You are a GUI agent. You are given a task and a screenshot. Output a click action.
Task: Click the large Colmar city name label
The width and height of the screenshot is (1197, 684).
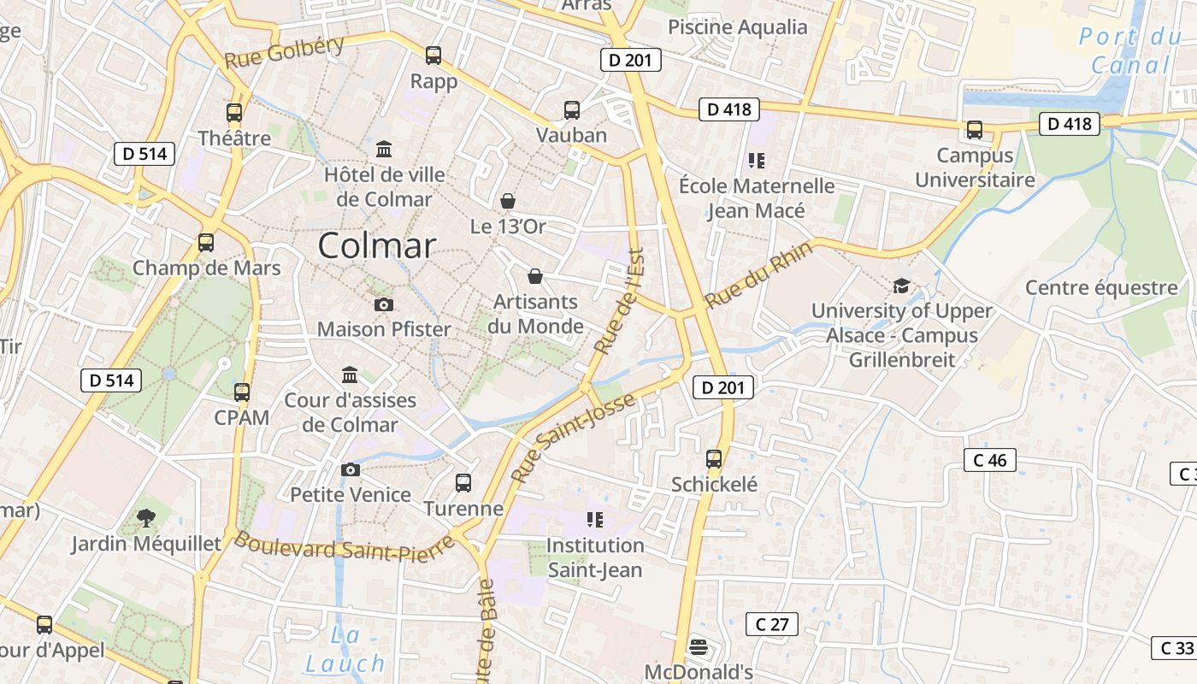click(x=377, y=246)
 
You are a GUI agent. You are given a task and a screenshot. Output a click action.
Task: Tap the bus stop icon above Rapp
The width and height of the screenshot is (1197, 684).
click(x=433, y=56)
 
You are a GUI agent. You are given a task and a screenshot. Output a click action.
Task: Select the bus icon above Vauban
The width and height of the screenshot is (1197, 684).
click(x=572, y=110)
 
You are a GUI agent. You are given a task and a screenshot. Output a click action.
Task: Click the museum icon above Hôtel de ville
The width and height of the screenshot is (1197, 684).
click(x=384, y=150)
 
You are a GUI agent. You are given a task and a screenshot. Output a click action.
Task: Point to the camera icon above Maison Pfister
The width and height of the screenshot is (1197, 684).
click(x=384, y=304)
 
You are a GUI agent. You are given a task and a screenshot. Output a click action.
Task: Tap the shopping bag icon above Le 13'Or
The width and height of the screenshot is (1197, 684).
click(x=508, y=201)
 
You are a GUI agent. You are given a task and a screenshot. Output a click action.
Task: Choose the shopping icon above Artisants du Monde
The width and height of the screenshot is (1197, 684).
click(x=535, y=276)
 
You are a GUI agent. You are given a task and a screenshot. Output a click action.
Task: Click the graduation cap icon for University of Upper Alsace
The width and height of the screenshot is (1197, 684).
click(x=901, y=286)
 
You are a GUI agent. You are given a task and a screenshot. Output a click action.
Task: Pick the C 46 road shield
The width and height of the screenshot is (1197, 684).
click(x=990, y=460)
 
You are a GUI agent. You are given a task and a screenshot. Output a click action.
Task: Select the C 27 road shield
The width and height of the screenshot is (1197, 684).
click(x=772, y=624)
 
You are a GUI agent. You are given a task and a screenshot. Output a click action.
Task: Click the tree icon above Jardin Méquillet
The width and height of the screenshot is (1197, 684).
click(x=146, y=517)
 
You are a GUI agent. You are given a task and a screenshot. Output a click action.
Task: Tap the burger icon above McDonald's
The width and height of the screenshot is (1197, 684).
click(x=699, y=646)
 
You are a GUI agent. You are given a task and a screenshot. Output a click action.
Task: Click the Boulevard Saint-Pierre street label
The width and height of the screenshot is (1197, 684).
click(x=344, y=547)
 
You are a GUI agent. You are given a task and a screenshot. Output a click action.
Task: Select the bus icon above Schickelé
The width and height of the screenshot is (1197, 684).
click(x=714, y=459)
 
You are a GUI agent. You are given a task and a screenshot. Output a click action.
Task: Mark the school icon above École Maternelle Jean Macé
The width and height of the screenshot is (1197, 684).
click(x=756, y=160)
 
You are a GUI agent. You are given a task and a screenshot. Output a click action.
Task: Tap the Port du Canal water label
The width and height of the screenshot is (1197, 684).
click(x=1130, y=50)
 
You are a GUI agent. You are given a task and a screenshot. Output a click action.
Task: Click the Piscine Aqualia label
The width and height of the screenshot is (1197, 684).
click(x=737, y=27)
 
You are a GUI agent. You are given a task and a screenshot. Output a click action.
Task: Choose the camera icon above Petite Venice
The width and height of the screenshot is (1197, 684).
click(x=350, y=469)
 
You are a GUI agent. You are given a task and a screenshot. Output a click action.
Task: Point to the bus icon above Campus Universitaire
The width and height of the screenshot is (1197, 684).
click(x=974, y=130)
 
